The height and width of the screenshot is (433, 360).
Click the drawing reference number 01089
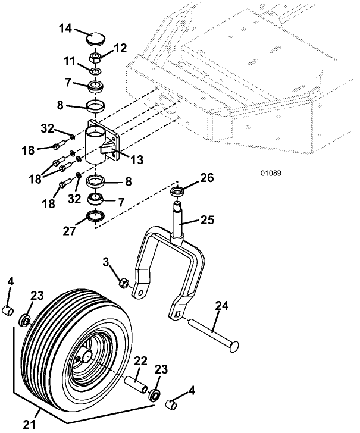[270, 174]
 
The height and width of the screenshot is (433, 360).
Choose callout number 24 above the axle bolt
[221, 306]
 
